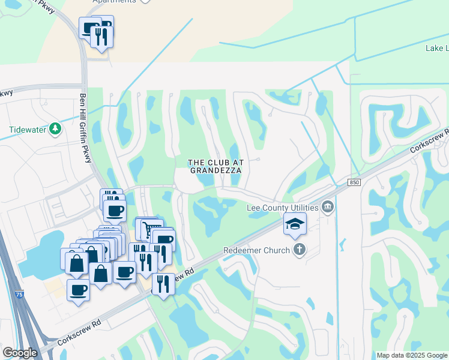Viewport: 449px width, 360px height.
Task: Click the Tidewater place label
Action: [28, 130]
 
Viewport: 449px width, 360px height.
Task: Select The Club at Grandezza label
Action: [215, 166]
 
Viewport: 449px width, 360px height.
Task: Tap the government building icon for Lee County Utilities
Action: [328, 208]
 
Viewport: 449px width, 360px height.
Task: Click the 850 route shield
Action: [354, 181]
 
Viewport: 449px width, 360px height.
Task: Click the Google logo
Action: [20, 353]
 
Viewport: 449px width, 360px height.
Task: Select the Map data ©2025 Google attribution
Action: [412, 355]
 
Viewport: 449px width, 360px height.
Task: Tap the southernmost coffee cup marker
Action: [78, 291]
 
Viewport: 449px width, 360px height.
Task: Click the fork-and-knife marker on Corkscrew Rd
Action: [163, 283]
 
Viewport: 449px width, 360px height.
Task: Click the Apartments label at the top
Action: [114, 2]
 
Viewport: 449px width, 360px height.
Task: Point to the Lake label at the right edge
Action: [436, 48]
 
